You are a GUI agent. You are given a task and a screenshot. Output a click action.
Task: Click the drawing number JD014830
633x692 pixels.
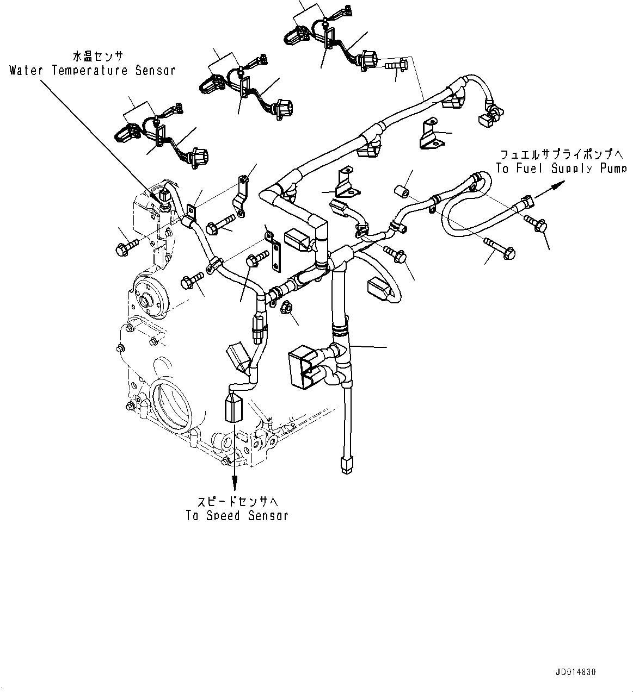click(575, 672)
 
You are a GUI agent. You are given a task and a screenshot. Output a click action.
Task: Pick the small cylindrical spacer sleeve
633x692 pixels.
click(402, 192)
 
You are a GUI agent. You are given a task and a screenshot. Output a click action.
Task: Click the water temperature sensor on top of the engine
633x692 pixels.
click(164, 195)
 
